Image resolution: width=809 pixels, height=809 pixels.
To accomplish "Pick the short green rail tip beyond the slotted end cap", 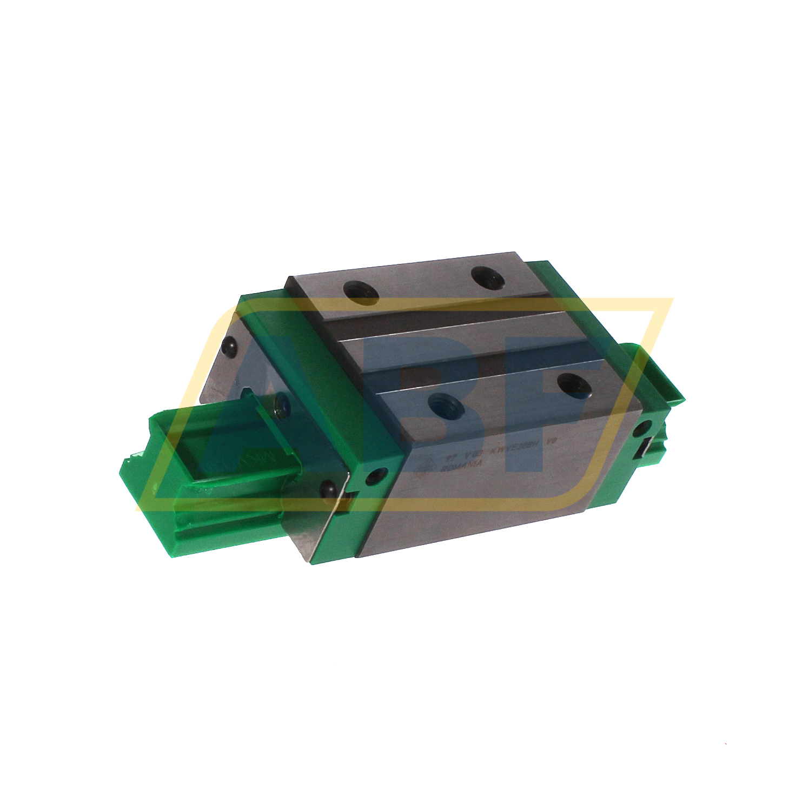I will click(x=671, y=389).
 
